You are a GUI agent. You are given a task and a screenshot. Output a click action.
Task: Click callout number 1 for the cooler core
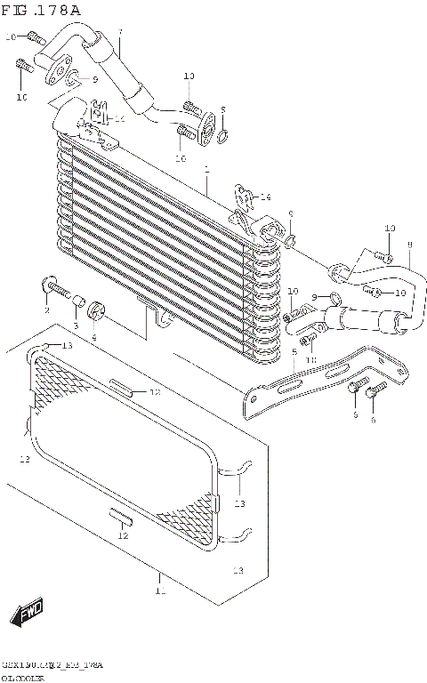[206, 168]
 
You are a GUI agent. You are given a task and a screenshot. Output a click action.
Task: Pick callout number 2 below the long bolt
[47, 310]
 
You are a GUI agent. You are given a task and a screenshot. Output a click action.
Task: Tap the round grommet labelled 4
[97, 311]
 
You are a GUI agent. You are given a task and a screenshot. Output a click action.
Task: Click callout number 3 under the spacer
[76, 326]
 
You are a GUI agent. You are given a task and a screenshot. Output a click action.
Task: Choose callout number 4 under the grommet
[94, 337]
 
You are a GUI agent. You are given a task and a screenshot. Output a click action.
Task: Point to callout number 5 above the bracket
[294, 352]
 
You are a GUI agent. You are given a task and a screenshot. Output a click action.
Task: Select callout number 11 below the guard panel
[160, 590]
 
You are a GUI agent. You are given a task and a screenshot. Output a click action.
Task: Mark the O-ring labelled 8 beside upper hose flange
[224, 135]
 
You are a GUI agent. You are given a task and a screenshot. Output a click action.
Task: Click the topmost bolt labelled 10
[35, 37]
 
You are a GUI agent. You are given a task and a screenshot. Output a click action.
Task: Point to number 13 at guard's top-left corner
[68, 345]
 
